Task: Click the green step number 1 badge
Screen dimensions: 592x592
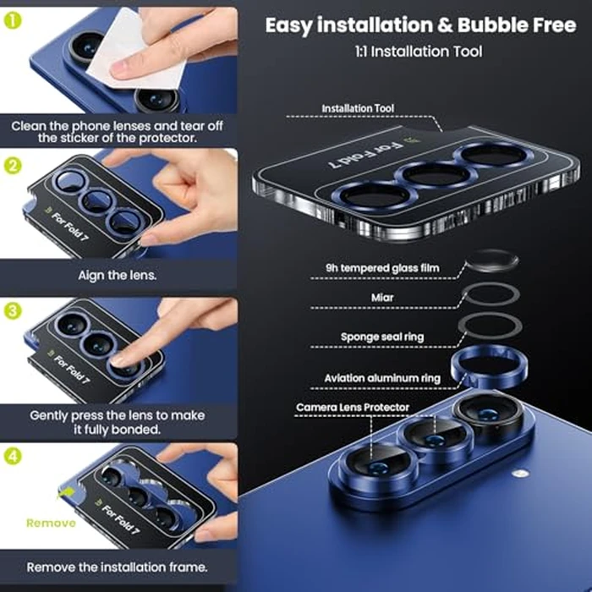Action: point(13,17)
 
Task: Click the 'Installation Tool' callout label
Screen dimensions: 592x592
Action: point(358,109)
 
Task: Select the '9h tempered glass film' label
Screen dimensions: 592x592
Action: point(382,269)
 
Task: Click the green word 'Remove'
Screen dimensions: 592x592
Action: point(51,523)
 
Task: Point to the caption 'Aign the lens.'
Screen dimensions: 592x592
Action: point(118,274)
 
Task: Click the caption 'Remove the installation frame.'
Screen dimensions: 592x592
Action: point(118,566)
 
